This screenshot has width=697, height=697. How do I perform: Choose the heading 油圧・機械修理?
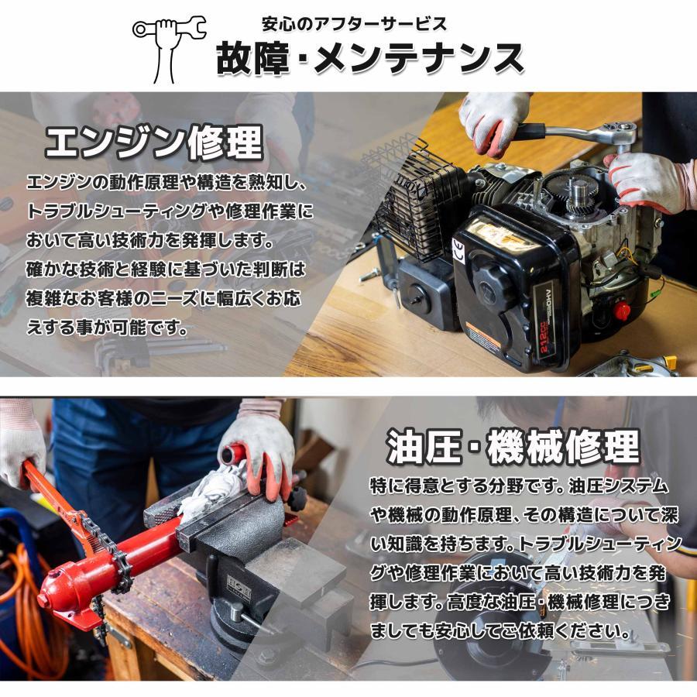pos(513,447)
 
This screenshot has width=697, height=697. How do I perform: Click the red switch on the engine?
pos(621,311)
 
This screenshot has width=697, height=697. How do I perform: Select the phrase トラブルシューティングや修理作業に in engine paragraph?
pos(170,211)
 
